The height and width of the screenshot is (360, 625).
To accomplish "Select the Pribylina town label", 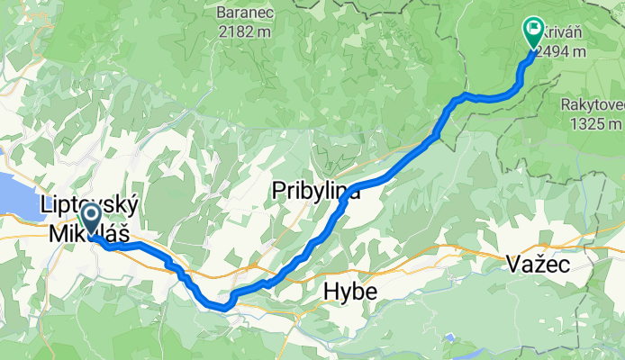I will click(x=316, y=191).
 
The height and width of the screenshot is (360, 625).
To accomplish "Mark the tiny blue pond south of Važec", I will click(x=448, y=338).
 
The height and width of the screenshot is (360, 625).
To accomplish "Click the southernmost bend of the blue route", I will click(x=222, y=307).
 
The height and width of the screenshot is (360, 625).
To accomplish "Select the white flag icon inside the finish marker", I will click(x=533, y=31).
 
